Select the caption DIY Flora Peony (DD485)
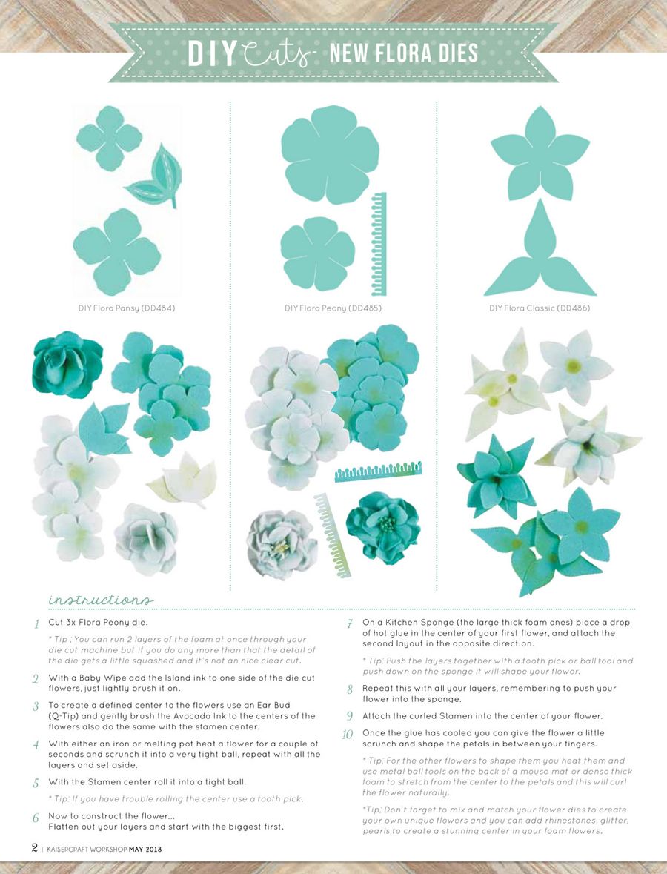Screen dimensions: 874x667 tap(333, 307)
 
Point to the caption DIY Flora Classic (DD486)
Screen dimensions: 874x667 tap(540, 307)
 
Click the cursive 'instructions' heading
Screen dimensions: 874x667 tap(101, 598)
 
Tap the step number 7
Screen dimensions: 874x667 tap(349, 623)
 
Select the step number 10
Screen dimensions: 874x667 tap(348, 735)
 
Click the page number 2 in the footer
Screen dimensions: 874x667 tap(34, 847)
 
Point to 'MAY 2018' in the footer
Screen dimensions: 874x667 tap(145, 849)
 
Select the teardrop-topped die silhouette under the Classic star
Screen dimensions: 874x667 tap(539, 252)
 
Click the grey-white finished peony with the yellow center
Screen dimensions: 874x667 tap(281, 544)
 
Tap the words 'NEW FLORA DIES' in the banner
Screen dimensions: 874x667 tap(403, 53)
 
